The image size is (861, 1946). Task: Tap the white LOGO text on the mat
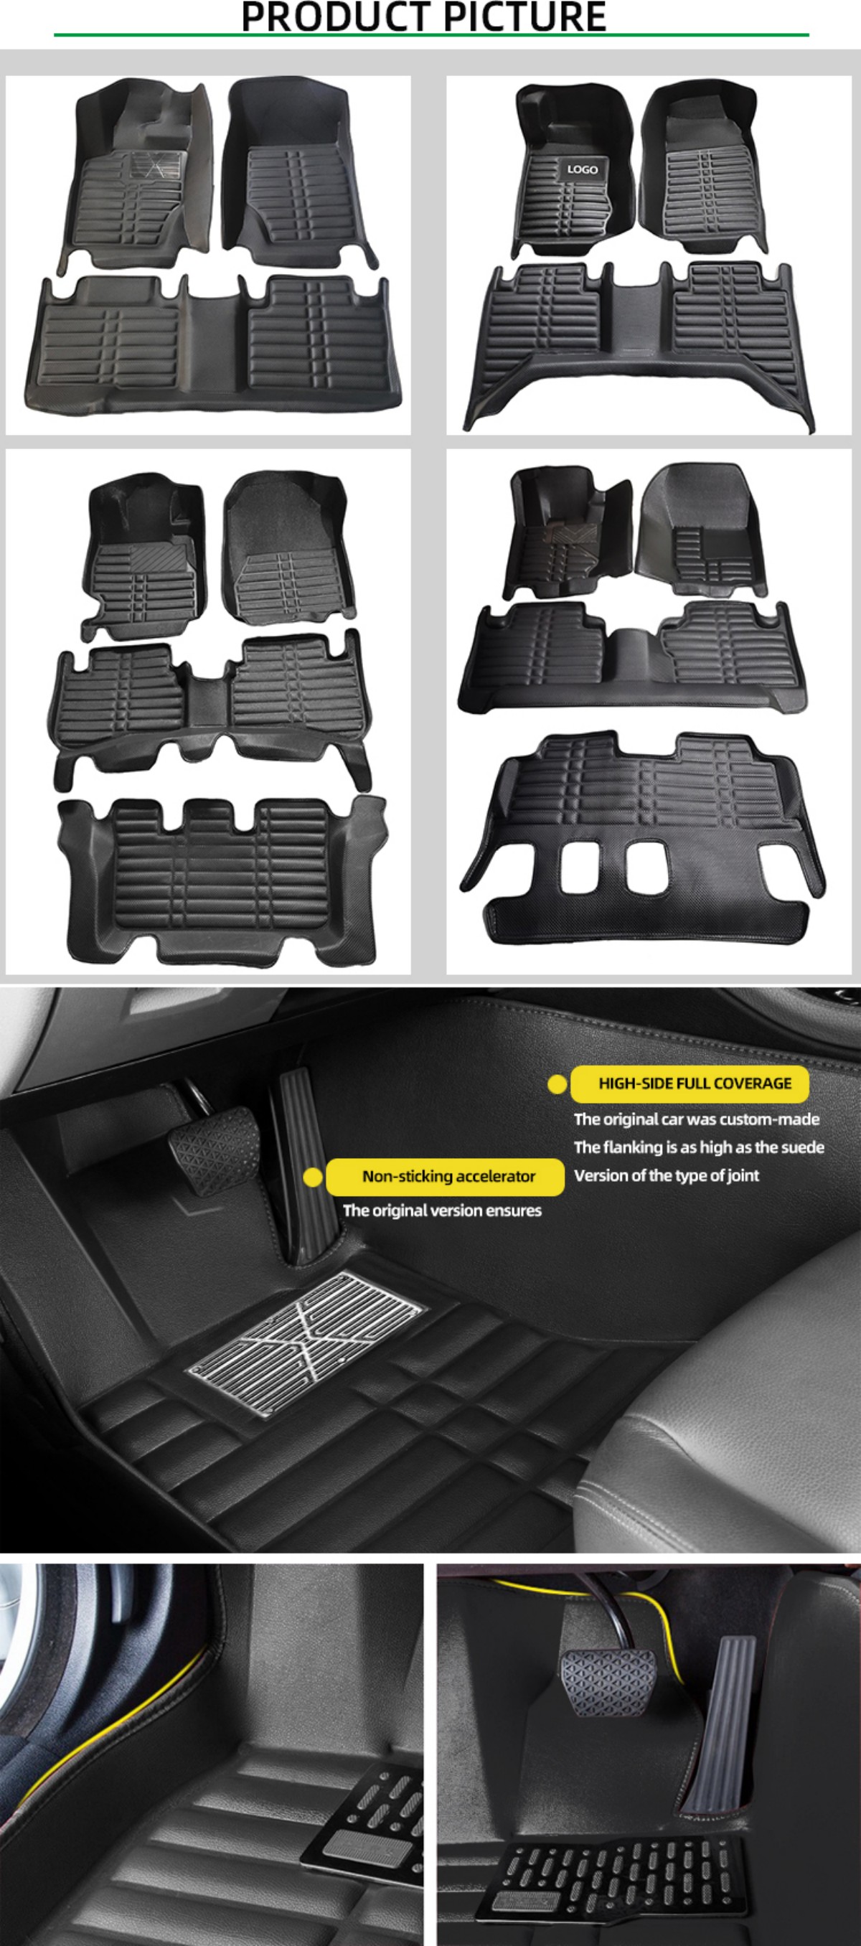582,169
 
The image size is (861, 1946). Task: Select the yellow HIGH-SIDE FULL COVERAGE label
690,1084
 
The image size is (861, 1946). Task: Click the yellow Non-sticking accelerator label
445,1176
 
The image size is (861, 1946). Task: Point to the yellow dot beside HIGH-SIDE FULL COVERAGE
557,1084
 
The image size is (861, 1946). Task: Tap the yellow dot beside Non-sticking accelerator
313,1177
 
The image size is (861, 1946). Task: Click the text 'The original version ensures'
442,1211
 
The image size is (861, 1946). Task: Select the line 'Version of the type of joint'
666,1175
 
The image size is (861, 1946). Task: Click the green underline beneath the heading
431,34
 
